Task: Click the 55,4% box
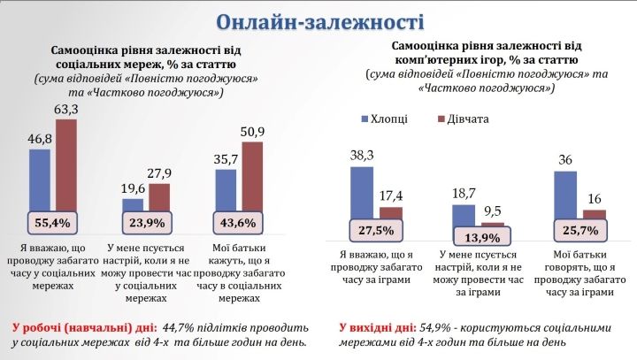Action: tap(53, 221)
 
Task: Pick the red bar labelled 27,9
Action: tap(159, 196)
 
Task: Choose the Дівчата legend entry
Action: tap(462, 119)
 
